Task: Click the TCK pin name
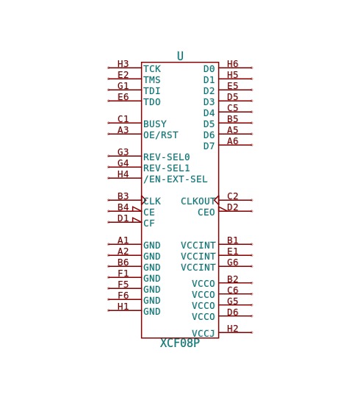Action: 152,69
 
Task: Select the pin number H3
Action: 123,64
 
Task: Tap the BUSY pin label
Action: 155,124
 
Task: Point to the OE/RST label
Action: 161,135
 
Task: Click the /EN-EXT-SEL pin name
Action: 176,179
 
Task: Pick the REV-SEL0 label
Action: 167,157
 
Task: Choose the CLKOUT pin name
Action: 198,201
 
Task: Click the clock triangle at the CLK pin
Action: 143,200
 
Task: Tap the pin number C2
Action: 232,196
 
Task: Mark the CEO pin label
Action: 206,213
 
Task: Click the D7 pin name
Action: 209,146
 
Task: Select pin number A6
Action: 232,141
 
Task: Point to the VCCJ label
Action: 204,333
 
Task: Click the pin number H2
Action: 232,329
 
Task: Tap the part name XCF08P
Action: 180,343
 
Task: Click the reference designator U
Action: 180,56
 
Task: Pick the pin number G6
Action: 232,262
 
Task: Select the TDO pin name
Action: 152,102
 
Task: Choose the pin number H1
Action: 123,307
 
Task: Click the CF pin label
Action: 149,224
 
